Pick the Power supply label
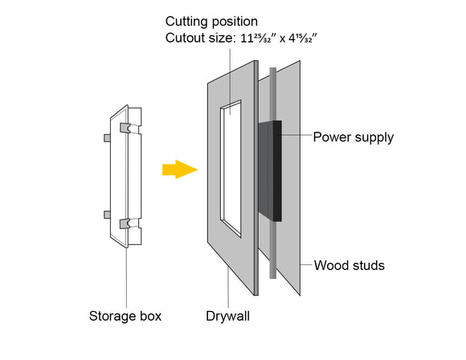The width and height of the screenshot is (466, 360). click(x=353, y=137)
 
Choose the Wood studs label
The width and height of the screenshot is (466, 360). click(x=349, y=265)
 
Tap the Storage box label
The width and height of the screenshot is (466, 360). click(x=125, y=316)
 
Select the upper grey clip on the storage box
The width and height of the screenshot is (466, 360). click(x=125, y=129)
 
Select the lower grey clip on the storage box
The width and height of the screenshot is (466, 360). click(x=125, y=224)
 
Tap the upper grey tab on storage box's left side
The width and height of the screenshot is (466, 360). click(x=106, y=137)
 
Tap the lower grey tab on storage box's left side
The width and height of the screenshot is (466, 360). click(x=106, y=215)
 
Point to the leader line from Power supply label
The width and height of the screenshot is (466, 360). click(x=295, y=137)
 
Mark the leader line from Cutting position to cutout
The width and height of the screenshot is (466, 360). click(x=231, y=80)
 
